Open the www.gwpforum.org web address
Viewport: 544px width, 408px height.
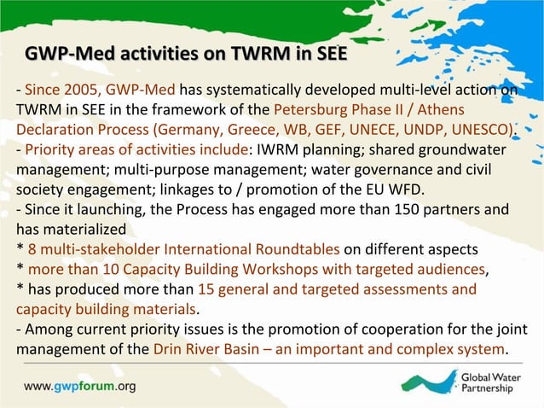tap(79, 387)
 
